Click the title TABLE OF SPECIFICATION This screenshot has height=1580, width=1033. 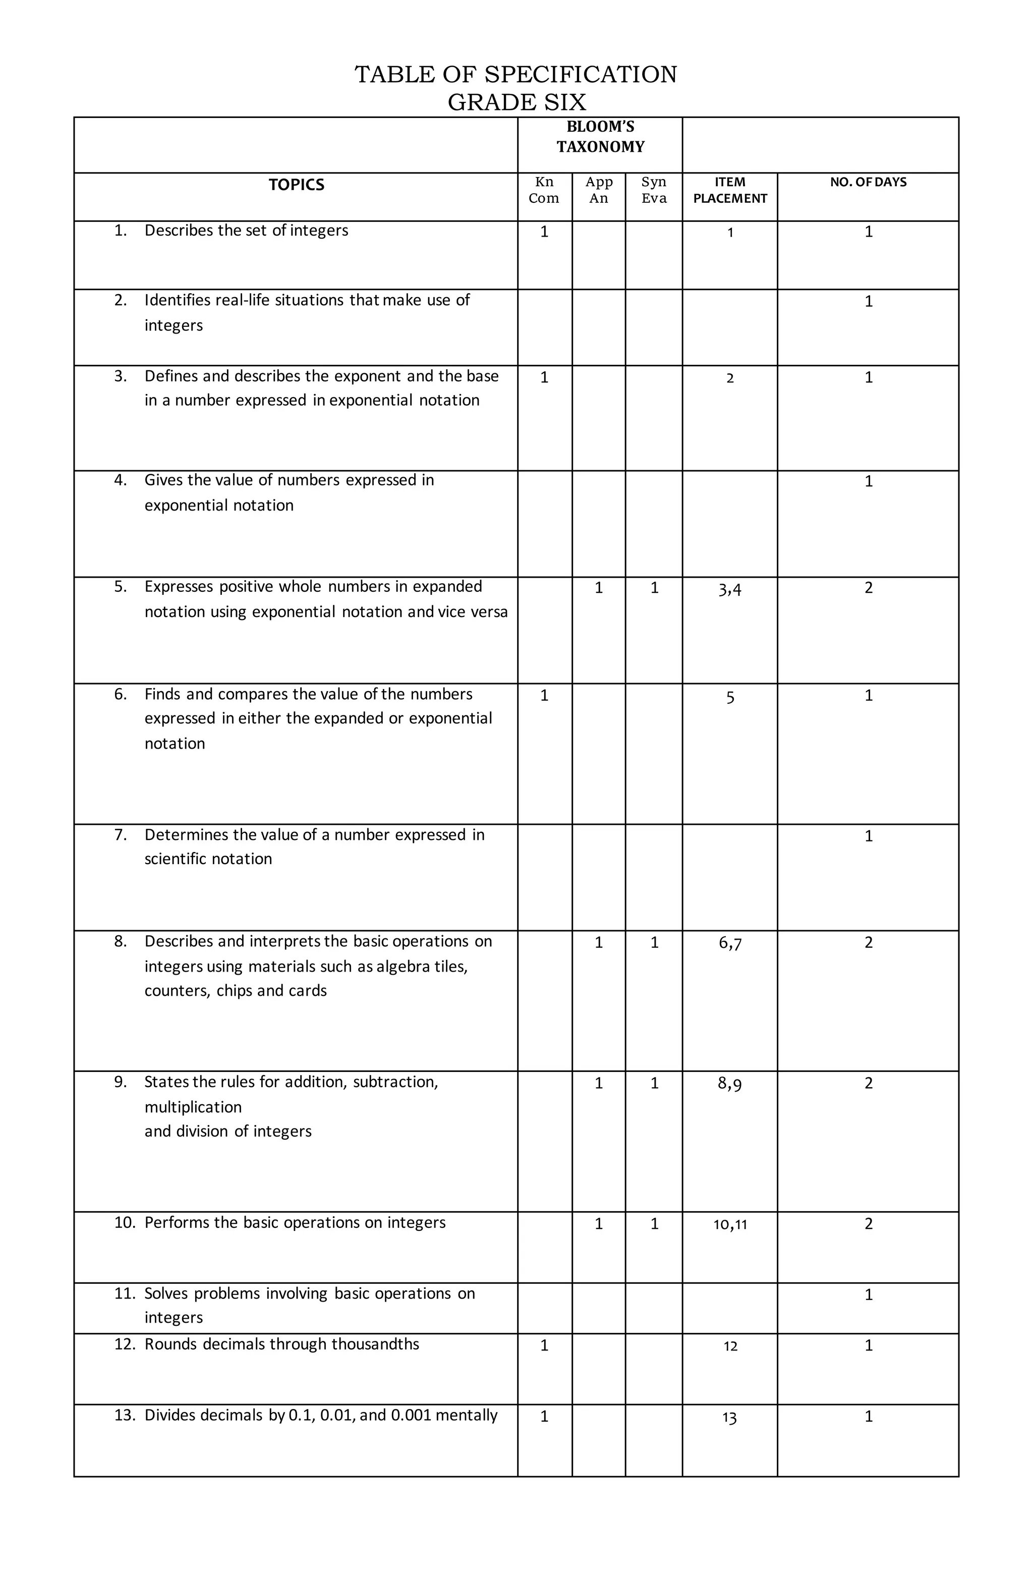tap(516, 74)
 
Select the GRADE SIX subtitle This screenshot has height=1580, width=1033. tap(516, 102)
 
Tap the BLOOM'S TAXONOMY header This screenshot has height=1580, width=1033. tap(600, 137)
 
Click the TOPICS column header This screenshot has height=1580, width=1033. tap(296, 185)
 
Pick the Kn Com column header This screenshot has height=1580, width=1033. tap(544, 190)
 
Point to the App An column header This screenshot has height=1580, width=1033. tap(599, 190)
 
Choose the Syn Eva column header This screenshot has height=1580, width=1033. tap(654, 190)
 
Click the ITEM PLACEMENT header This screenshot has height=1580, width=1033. tap(729, 190)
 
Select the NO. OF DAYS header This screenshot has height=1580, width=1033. tap(868, 182)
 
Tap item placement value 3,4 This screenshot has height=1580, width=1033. tap(729, 589)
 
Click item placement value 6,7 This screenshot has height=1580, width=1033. tap(729, 943)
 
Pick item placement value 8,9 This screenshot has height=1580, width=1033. tap(729, 1084)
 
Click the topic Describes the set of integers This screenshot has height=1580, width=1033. tap(246, 231)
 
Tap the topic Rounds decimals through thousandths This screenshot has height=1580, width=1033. tap(281, 1344)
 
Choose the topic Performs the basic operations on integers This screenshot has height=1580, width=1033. tap(295, 1223)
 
